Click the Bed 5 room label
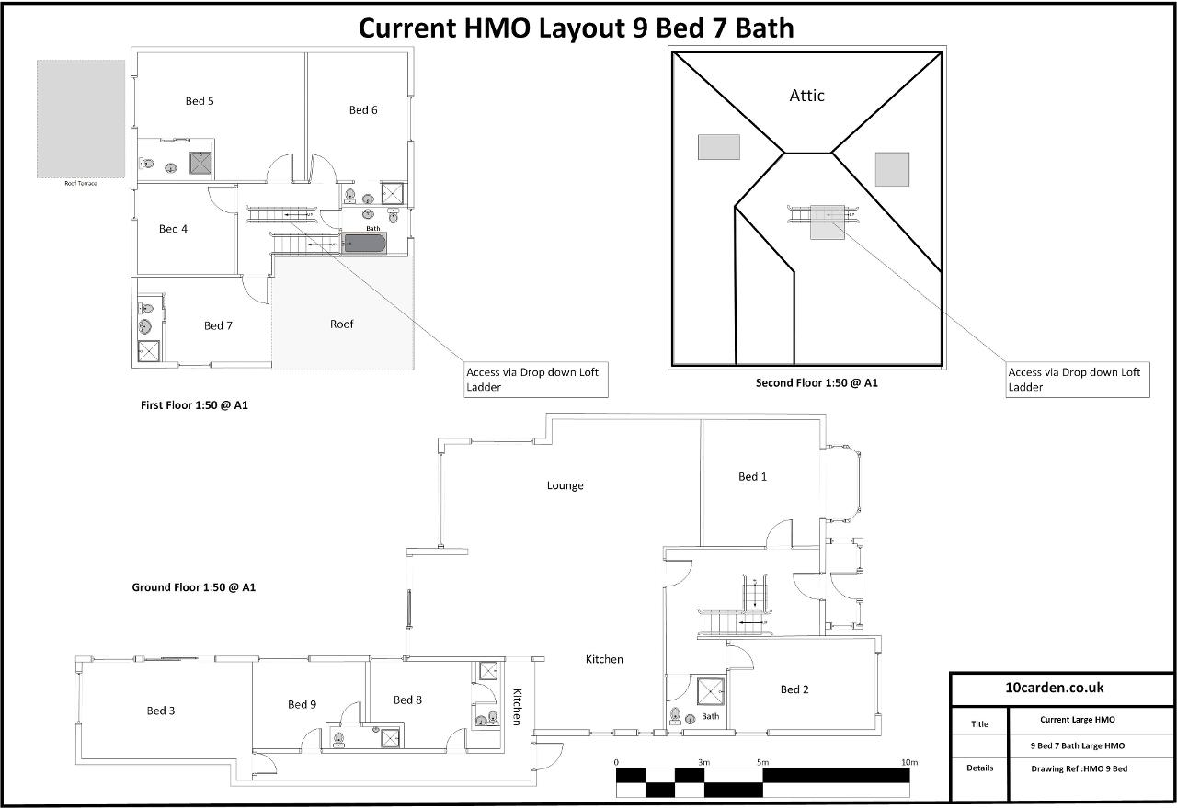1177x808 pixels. pyautogui.click(x=200, y=101)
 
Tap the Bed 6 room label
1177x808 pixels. pyautogui.click(x=363, y=110)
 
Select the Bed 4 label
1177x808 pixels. pyautogui.click(x=173, y=229)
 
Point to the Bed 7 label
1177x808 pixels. pyautogui.click(x=218, y=325)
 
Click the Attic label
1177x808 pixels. pyautogui.click(x=807, y=96)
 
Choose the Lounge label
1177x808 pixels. pyautogui.click(x=565, y=485)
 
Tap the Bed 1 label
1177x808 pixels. pyautogui.click(x=752, y=476)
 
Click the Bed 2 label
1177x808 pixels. pyautogui.click(x=794, y=689)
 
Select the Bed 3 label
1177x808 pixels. pyautogui.click(x=161, y=711)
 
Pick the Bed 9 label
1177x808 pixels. pyautogui.click(x=302, y=705)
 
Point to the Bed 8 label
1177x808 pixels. pyautogui.click(x=407, y=700)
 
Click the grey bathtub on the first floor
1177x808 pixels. pyautogui.click(x=364, y=243)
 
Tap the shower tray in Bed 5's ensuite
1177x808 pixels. pyautogui.click(x=201, y=163)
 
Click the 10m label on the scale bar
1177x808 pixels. pyautogui.click(x=908, y=762)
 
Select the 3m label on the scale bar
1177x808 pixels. pyautogui.click(x=703, y=762)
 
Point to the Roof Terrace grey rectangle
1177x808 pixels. pyautogui.click(x=81, y=119)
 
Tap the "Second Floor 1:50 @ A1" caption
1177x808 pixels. pyautogui.click(x=817, y=382)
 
